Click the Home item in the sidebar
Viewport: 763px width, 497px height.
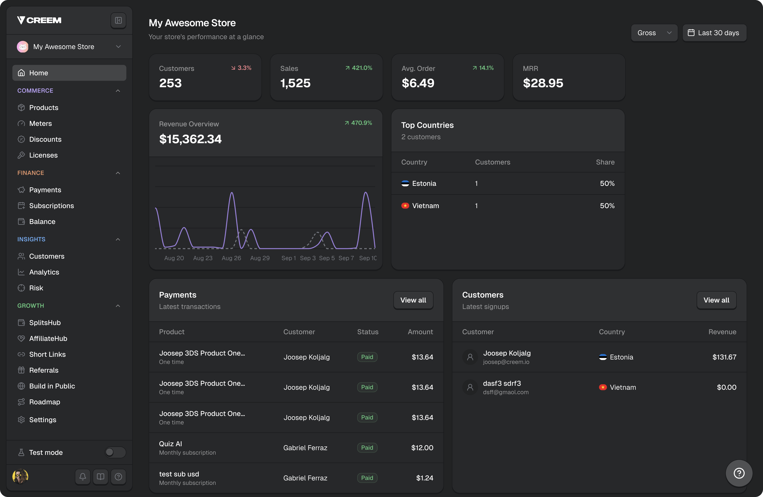pyautogui.click(x=69, y=73)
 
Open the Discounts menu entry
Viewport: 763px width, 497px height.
pyautogui.click(x=45, y=139)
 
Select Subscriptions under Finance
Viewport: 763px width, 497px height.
pyautogui.click(x=51, y=205)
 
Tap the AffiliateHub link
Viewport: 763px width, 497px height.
pyautogui.click(x=48, y=338)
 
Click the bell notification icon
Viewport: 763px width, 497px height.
pyautogui.click(x=83, y=477)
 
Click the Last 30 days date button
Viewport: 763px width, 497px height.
pyautogui.click(x=714, y=33)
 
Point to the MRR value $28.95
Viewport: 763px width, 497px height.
pyautogui.click(x=543, y=83)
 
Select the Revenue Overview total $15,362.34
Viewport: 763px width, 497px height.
pyautogui.click(x=190, y=139)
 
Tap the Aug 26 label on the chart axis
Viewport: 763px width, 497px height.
pyautogui.click(x=231, y=258)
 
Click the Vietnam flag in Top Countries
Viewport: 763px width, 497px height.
pyautogui.click(x=405, y=205)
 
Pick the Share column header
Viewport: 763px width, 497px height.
pyautogui.click(x=605, y=162)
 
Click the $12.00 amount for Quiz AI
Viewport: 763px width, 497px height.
pyautogui.click(x=422, y=448)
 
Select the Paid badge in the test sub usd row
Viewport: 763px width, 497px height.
pyautogui.click(x=367, y=478)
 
